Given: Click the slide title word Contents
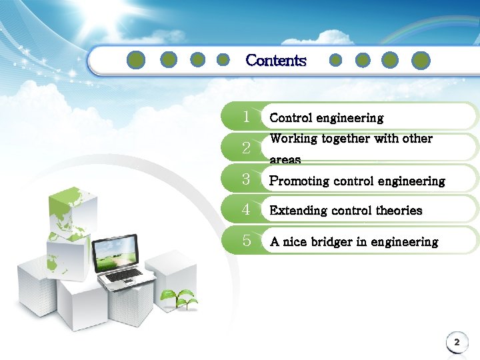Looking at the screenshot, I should click(275, 61).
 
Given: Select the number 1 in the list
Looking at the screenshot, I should click(247, 117).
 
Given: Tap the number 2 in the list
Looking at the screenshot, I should click(247, 148).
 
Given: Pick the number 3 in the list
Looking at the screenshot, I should click(247, 179).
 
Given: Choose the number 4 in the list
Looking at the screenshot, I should click(247, 209).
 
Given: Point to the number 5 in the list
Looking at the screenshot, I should click(247, 241).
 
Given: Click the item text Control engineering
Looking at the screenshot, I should click(326, 118).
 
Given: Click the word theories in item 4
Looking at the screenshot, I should click(399, 211).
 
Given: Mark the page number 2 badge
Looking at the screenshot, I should click(457, 343).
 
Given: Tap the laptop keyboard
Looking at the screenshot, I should click(123, 275).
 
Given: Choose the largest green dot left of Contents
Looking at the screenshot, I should click(135, 61).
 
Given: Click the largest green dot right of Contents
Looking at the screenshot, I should click(420, 61).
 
